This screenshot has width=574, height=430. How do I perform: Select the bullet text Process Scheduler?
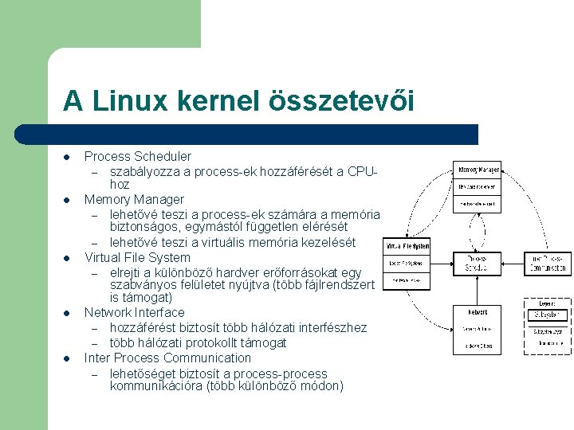point(138,156)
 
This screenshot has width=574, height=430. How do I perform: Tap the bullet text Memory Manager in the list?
point(134,199)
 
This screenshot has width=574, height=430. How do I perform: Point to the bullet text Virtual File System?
point(138,257)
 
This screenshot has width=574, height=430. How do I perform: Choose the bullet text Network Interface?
point(134,312)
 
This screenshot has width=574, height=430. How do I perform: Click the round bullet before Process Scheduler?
point(69,157)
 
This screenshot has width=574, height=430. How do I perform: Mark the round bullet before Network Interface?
point(69,313)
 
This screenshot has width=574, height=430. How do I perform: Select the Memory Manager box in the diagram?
point(478,187)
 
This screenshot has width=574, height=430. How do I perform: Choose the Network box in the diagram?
point(478,329)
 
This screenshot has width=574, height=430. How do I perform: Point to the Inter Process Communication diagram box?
point(548,264)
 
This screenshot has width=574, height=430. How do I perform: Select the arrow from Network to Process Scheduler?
point(478,290)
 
